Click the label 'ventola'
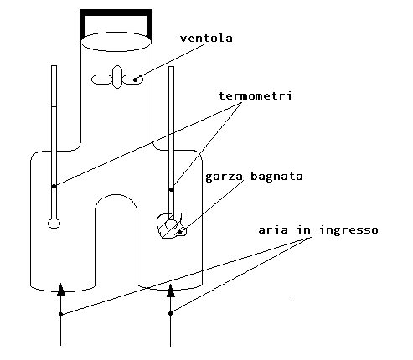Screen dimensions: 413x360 pyautogui.click(x=206, y=39)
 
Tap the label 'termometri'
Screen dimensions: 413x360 pyautogui.click(x=256, y=95)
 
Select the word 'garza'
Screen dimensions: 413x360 pyautogui.click(x=224, y=177)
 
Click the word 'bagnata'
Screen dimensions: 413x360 pyautogui.click(x=276, y=176)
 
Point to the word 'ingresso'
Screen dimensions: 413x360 pyautogui.click(x=348, y=230)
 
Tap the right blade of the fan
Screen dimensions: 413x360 pyautogui.click(x=133, y=80)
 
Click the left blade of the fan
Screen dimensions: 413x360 pyautogui.click(x=101, y=80)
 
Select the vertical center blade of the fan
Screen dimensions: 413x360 pyautogui.click(x=117, y=77)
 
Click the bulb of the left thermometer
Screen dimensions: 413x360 pyautogui.click(x=54, y=224)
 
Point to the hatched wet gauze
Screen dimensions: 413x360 pyautogui.click(x=171, y=225)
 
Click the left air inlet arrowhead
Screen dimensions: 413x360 pyautogui.click(x=61, y=290)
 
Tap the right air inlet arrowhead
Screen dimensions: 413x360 pyautogui.click(x=171, y=291)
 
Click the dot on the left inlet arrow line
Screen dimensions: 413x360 pyautogui.click(x=61, y=314)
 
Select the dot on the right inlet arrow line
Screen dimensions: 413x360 pyautogui.click(x=171, y=313)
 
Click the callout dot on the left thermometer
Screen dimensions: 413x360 pyautogui.click(x=54, y=186)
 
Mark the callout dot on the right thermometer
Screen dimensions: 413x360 pyautogui.click(x=172, y=189)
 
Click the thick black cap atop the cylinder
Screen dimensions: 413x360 pyautogui.click(x=116, y=13)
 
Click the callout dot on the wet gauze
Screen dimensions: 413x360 pyautogui.click(x=180, y=232)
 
